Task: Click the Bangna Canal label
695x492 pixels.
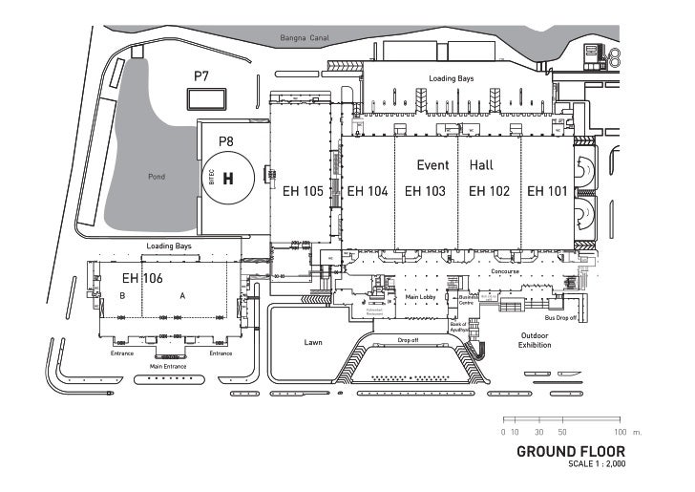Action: point(305,38)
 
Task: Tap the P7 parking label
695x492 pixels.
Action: point(201,75)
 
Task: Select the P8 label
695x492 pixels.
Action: point(226,141)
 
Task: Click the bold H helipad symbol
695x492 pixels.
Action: point(228,179)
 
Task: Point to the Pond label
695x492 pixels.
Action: point(157,177)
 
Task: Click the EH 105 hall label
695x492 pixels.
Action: point(304,191)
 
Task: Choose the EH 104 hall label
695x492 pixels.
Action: point(368,191)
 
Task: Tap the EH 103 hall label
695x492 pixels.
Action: point(425,191)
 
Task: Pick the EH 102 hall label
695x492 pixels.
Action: point(489,191)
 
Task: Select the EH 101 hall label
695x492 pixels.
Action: point(547,191)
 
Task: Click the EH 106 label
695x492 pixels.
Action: point(142,278)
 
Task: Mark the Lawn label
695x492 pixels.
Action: point(314,341)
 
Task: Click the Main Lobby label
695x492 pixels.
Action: point(420,297)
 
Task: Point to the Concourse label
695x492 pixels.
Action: point(505,271)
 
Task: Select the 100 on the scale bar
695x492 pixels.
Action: point(621,433)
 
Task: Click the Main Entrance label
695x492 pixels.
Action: point(168,366)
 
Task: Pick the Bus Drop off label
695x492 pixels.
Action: point(560,317)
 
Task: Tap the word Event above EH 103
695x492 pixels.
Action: point(432,165)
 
